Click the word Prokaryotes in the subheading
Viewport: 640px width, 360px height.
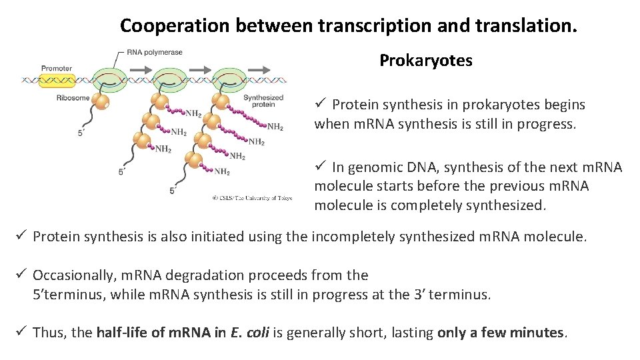click(425, 61)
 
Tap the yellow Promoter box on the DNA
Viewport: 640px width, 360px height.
click(57, 81)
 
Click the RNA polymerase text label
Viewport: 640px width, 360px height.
click(155, 53)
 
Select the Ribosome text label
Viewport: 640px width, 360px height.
click(73, 98)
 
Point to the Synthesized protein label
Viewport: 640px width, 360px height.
click(263, 101)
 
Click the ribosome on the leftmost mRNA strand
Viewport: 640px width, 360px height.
click(101, 102)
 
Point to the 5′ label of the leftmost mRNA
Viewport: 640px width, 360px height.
click(81, 133)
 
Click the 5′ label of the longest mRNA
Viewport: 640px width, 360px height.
click(173, 191)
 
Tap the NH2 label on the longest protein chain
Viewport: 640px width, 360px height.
click(275, 127)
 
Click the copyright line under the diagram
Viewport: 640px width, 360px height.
click(253, 197)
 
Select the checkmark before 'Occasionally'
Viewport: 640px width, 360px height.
click(22, 275)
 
